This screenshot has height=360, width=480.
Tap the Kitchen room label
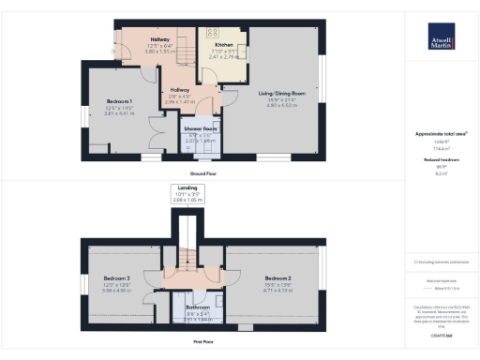click(223, 44)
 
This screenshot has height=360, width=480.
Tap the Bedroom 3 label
click(117, 278)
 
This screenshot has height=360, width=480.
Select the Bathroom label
click(197, 307)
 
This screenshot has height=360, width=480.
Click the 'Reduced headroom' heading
click(432, 160)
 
